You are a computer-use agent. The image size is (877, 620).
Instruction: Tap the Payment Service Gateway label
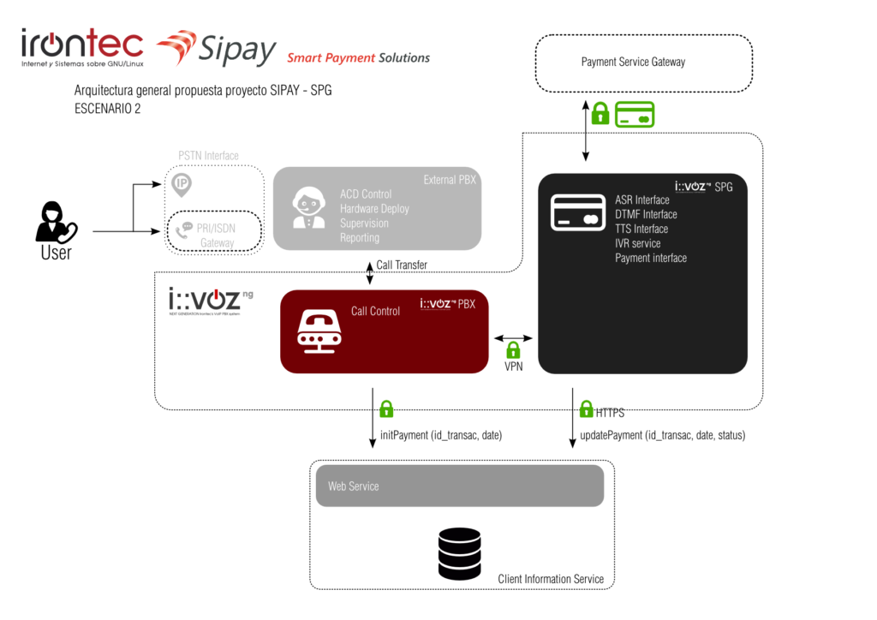coord(633,62)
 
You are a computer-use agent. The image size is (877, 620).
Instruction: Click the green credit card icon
coord(635,114)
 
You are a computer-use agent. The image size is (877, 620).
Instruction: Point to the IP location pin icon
coord(182,183)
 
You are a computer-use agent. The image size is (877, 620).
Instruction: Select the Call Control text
coord(375,311)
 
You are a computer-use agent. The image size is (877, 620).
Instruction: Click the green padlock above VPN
coord(513,349)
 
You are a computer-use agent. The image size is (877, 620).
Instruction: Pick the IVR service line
coord(637,243)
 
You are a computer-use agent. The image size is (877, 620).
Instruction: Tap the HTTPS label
coord(610,413)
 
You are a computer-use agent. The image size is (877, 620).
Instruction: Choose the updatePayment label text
coord(662,435)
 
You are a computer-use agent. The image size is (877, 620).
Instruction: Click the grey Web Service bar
coord(460,486)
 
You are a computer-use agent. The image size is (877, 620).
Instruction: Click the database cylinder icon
coord(459,553)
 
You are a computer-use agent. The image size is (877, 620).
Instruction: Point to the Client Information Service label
coord(550,579)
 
